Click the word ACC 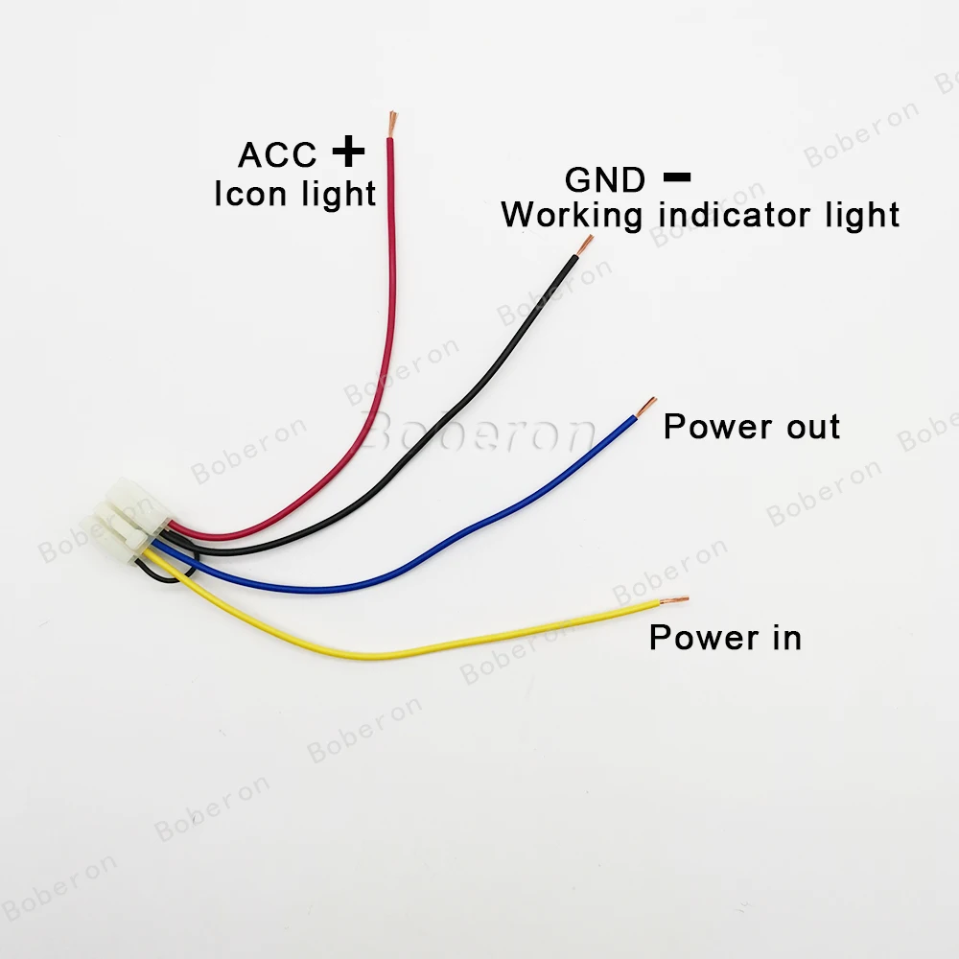tap(277, 154)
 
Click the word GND tap(605, 179)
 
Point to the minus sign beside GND tap(677, 176)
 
